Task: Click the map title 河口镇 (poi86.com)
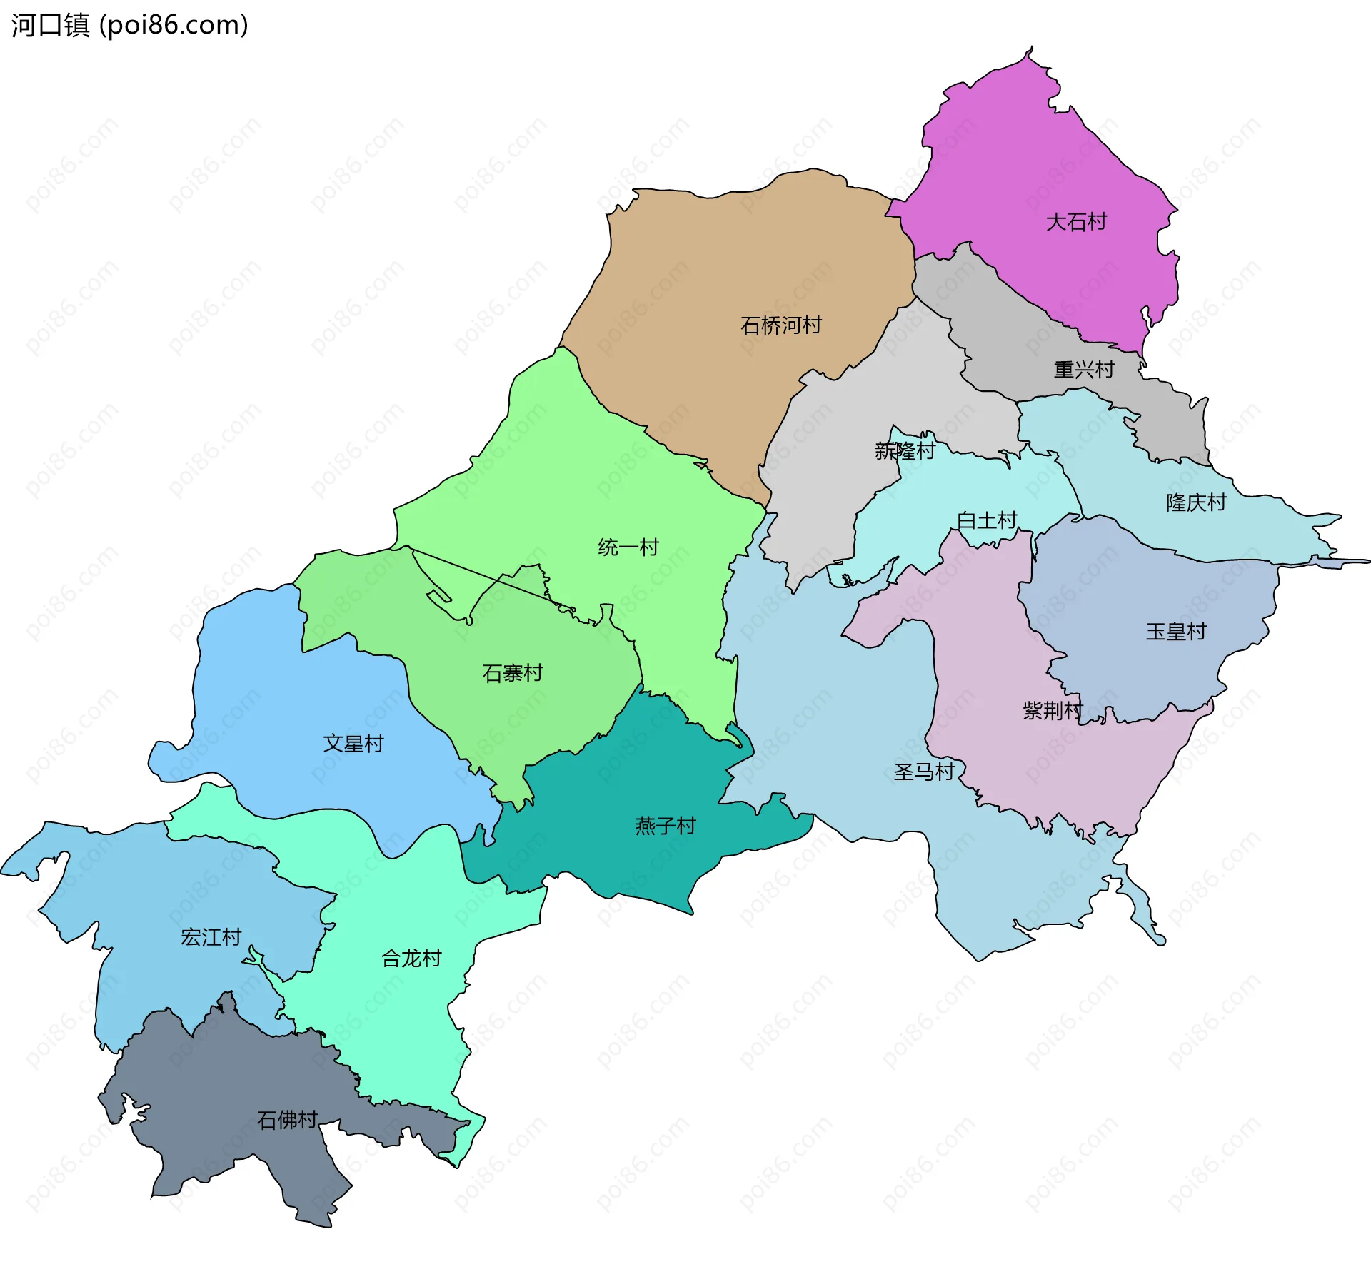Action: click(x=129, y=25)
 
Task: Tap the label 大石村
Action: click(x=1076, y=222)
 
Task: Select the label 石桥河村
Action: click(x=781, y=325)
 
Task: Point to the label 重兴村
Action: click(x=1084, y=370)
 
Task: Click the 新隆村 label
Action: click(x=905, y=451)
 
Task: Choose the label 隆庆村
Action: click(x=1196, y=502)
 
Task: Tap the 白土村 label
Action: click(x=987, y=520)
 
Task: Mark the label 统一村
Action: click(x=628, y=547)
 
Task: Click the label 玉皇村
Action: click(x=1176, y=632)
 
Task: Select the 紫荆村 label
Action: click(x=1053, y=710)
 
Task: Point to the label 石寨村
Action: click(x=513, y=673)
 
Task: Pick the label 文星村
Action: click(x=353, y=744)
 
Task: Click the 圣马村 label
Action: click(x=924, y=772)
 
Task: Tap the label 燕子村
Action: click(x=666, y=826)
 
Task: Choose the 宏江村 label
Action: click(x=211, y=937)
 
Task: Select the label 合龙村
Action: click(x=411, y=958)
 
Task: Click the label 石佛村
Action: click(x=287, y=1120)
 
